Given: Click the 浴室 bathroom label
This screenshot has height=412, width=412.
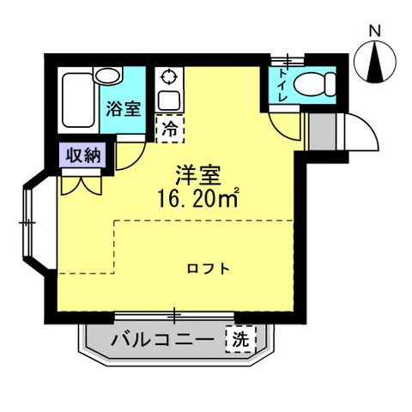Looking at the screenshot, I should [x=124, y=109].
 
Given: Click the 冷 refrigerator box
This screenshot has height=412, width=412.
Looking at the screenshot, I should [x=169, y=130].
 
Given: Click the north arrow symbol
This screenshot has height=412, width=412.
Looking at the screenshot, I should [x=374, y=63].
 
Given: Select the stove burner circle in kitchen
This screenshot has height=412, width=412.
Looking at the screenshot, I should [x=169, y=75].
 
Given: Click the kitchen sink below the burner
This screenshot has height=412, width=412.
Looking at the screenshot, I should [x=167, y=100].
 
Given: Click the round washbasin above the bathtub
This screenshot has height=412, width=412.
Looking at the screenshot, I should [x=109, y=75].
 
